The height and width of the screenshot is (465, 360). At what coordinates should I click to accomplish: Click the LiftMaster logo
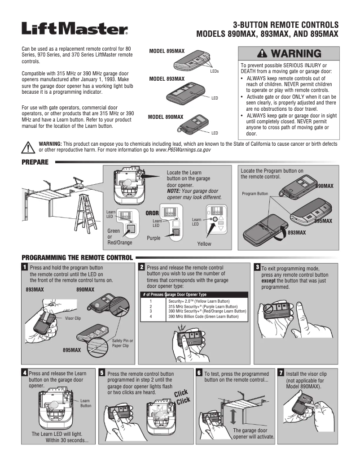pyautogui.click(x=75, y=30)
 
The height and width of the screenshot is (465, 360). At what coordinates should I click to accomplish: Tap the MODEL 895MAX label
pyautogui.click(x=167, y=52)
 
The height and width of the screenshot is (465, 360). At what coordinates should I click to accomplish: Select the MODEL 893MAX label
pyautogui.click(x=167, y=79)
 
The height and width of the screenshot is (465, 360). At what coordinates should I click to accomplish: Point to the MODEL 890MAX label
pyautogui.click(x=166, y=117)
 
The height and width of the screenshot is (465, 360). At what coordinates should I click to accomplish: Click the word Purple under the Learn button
pyautogui.click(x=154, y=239)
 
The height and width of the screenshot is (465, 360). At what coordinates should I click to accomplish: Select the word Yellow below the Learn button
pyautogui.click(x=204, y=244)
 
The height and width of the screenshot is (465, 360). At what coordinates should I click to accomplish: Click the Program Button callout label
pyautogui.click(x=255, y=194)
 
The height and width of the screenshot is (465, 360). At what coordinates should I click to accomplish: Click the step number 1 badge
pyautogui.click(x=25, y=267)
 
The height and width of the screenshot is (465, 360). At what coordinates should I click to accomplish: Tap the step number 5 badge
pyautogui.click(x=102, y=373)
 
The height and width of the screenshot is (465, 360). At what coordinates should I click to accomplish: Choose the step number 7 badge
pyautogui.click(x=281, y=373)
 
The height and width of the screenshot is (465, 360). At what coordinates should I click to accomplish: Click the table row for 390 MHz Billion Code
pyautogui.click(x=194, y=317)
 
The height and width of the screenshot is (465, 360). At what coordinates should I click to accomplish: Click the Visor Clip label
pyautogui.click(x=73, y=318)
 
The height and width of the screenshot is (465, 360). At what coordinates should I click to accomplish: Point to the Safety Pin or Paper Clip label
pyautogui.click(x=123, y=343)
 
